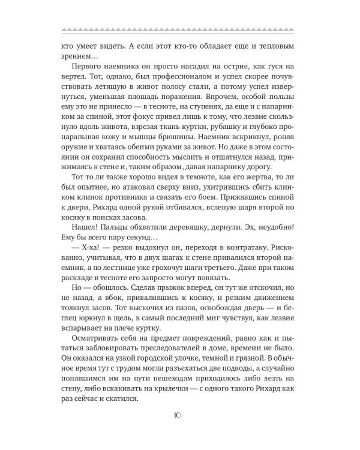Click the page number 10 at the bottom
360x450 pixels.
[x=179, y=415]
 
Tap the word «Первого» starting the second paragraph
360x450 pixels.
[x=89, y=65]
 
